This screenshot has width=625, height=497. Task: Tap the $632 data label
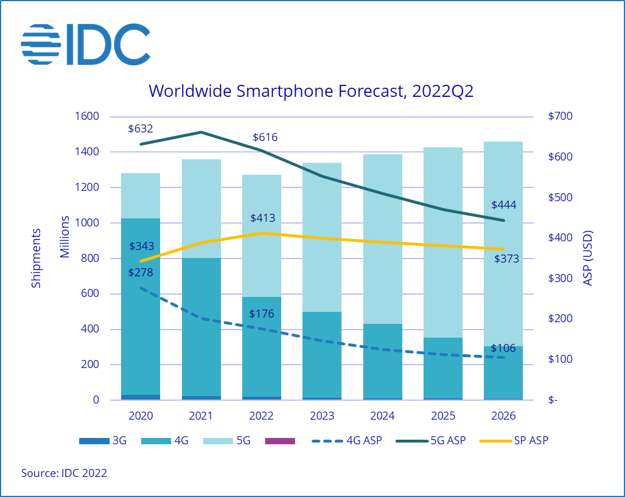click(141, 128)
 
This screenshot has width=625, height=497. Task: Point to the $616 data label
click(265, 137)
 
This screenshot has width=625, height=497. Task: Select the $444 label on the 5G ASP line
click(504, 205)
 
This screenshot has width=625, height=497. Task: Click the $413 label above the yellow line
click(262, 218)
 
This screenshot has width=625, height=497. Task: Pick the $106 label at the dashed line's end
click(503, 348)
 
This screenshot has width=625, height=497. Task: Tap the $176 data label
click(262, 314)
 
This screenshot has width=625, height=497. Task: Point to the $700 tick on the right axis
click(560, 116)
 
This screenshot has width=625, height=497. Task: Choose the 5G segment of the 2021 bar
click(201, 209)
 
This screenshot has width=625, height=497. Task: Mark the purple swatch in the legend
click(280, 441)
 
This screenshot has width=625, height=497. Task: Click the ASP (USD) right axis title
click(587, 258)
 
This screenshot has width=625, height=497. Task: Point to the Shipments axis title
click(36, 258)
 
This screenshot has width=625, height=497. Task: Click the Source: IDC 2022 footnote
click(64, 473)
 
